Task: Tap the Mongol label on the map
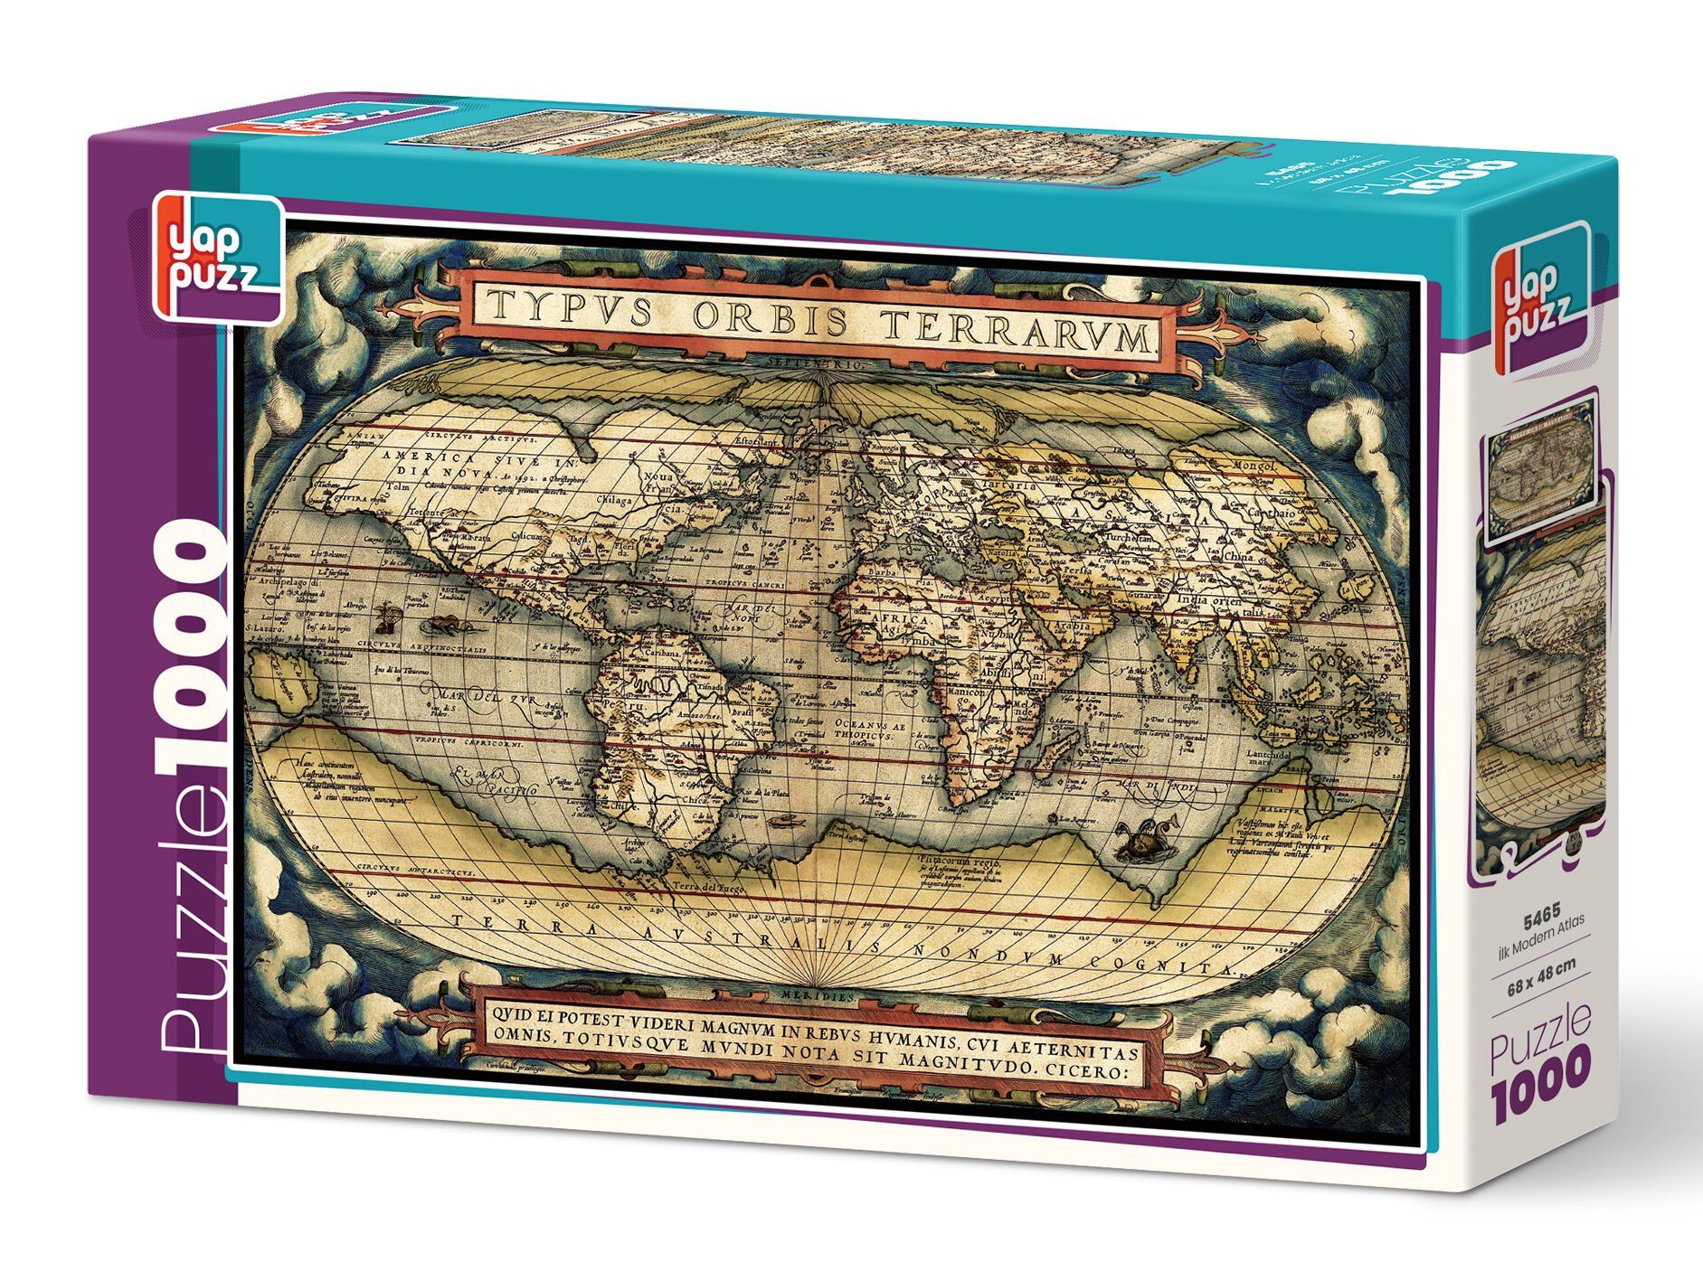1251,466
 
